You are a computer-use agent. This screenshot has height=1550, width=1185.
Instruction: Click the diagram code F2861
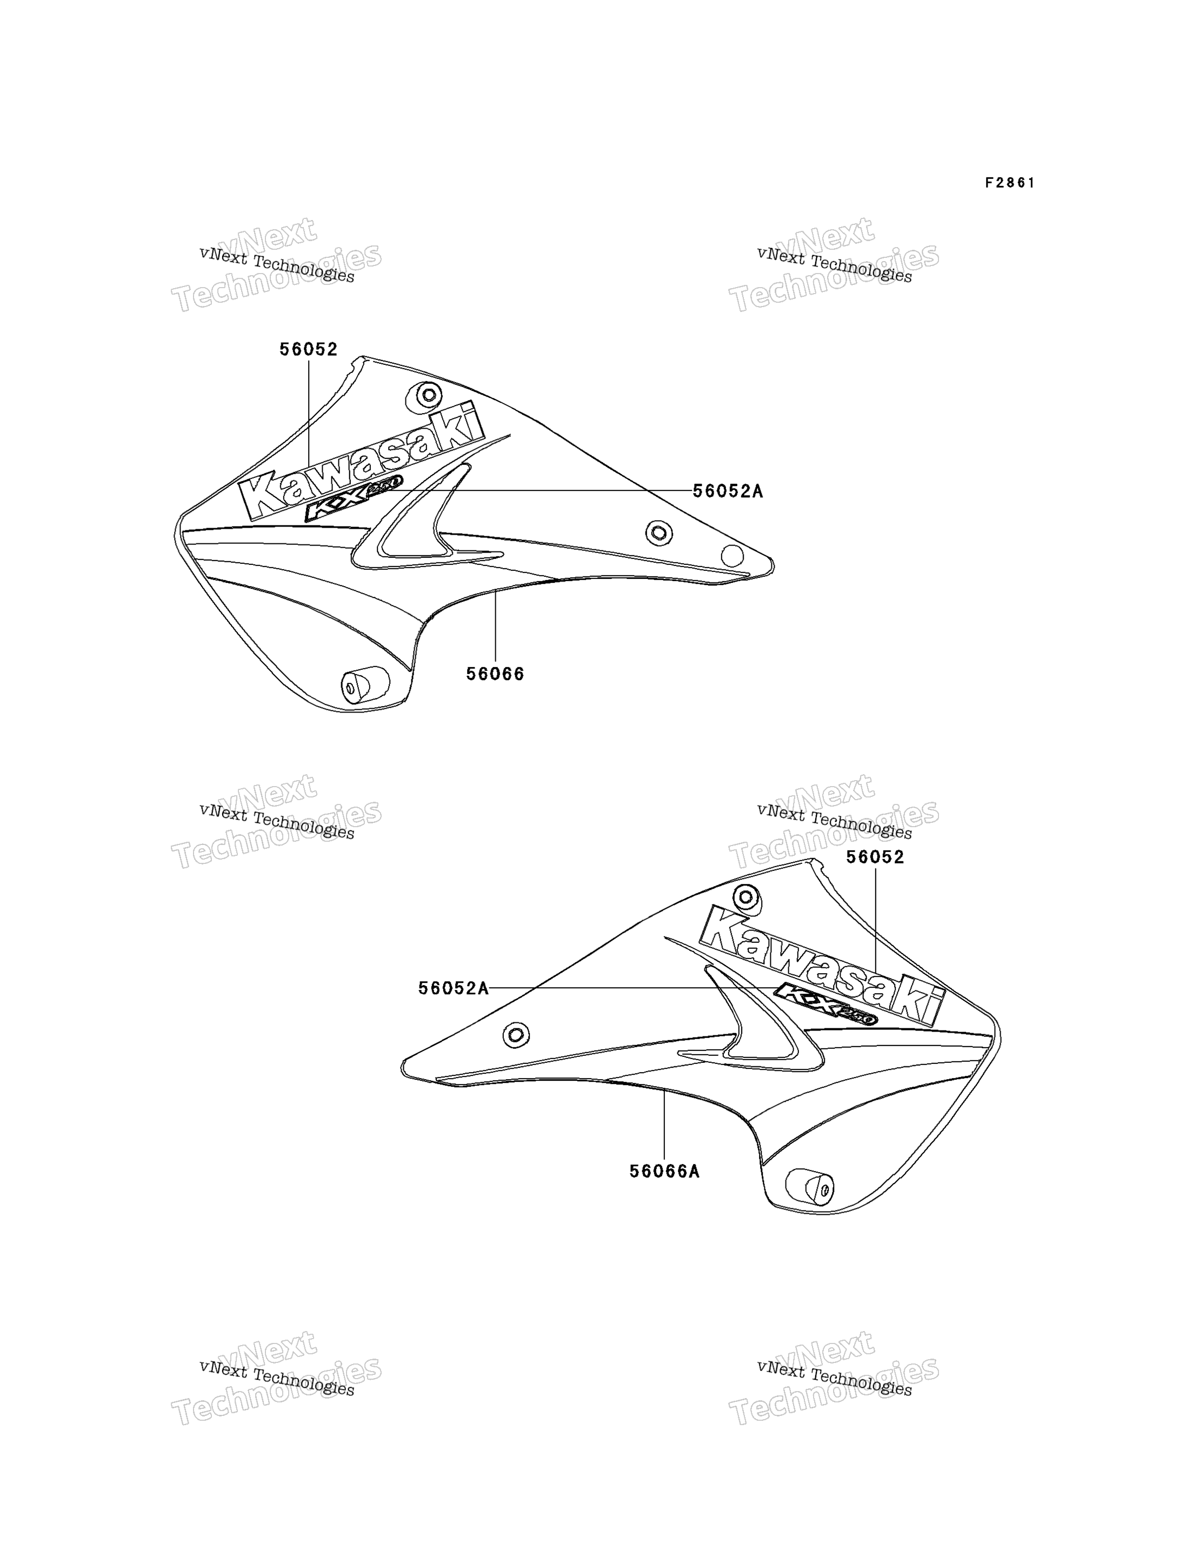(1010, 183)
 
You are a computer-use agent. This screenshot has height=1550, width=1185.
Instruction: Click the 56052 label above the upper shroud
(308, 349)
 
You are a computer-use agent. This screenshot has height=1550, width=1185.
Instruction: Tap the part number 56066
(495, 674)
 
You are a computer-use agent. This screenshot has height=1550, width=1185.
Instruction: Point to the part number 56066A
(664, 1171)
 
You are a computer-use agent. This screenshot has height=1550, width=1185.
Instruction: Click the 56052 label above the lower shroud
(875, 857)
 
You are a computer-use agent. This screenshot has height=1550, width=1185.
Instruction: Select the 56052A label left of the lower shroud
(454, 988)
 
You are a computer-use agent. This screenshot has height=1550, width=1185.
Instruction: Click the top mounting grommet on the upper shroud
(428, 395)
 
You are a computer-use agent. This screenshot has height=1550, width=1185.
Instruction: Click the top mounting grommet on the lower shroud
(746, 898)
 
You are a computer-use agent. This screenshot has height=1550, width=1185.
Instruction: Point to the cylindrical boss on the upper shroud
(365, 684)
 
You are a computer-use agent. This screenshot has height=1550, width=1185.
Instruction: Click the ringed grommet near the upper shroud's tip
(660, 532)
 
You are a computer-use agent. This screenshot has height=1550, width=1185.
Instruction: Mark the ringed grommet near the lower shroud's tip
(516, 1035)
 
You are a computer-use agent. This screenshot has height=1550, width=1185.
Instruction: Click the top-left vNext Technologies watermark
(276, 264)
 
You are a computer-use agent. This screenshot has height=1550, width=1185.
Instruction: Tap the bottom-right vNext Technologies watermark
(834, 1379)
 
